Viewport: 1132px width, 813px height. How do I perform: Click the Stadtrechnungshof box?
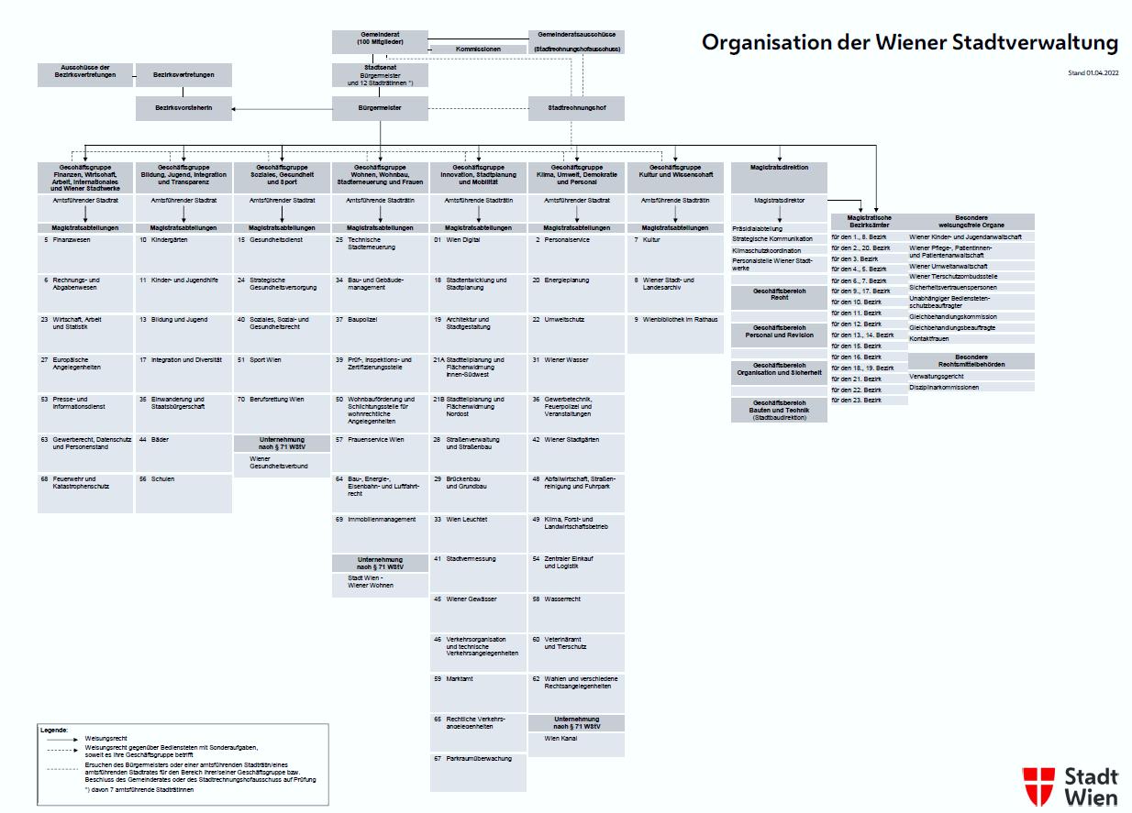(576, 109)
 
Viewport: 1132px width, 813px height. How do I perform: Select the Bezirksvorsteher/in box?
(184, 109)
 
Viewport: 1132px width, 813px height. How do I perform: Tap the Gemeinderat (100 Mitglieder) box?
(380, 40)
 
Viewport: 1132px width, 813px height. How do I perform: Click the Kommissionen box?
(478, 49)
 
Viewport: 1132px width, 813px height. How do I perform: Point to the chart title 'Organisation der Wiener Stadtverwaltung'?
(910, 43)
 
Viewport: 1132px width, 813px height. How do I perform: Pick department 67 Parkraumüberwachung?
(478, 759)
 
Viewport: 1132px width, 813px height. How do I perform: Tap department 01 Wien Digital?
(478, 240)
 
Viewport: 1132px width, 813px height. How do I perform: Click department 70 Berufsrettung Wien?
(281, 400)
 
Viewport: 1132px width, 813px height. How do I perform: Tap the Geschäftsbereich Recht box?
(779, 294)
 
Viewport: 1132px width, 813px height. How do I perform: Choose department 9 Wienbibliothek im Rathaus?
(675, 320)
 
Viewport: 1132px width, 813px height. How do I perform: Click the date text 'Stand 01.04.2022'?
(1093, 72)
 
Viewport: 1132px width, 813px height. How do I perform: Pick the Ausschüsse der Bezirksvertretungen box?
(84, 75)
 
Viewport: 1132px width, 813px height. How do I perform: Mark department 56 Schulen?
(183, 479)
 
